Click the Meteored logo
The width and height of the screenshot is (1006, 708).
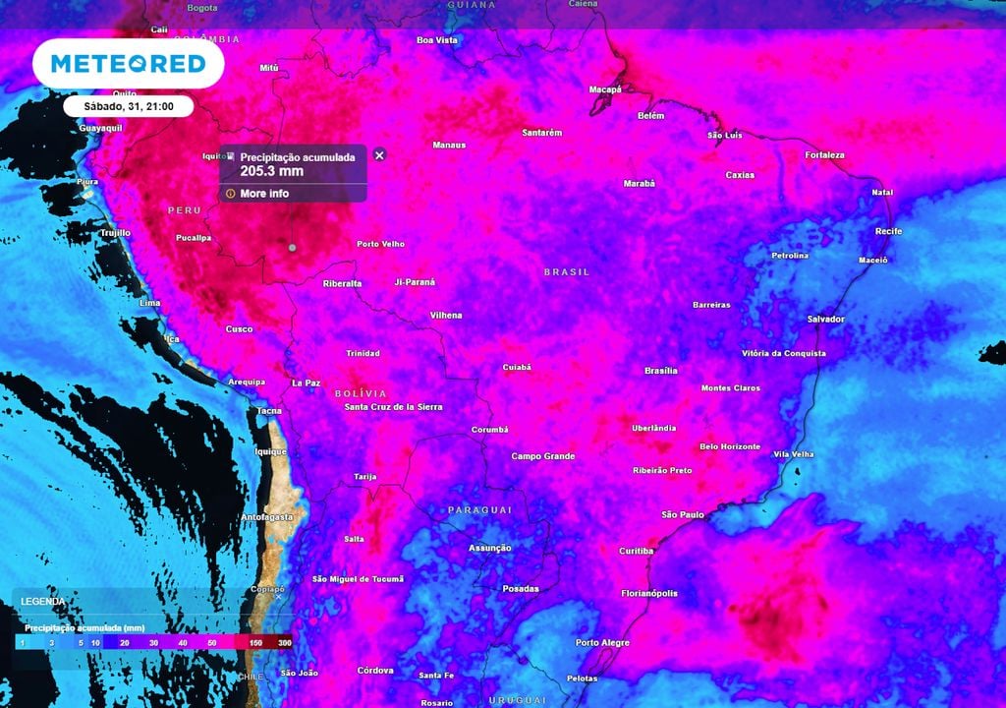pyautogui.click(x=128, y=64)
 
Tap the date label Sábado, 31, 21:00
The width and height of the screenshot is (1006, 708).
pyautogui.click(x=129, y=106)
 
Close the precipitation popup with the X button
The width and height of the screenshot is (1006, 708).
pyautogui.click(x=380, y=154)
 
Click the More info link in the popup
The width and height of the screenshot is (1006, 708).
pyautogui.click(x=264, y=194)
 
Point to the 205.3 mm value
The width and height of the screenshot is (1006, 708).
pyautogui.click(x=272, y=171)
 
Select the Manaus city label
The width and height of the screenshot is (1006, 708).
pyautogui.click(x=449, y=145)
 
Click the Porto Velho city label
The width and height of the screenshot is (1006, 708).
pyautogui.click(x=380, y=244)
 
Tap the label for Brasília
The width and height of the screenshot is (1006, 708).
pyautogui.click(x=661, y=371)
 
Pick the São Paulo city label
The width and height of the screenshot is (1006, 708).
pyautogui.click(x=683, y=514)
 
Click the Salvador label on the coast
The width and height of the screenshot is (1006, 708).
pyautogui.click(x=825, y=319)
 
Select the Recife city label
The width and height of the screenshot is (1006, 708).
pyautogui.click(x=888, y=231)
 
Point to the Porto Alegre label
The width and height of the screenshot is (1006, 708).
pyautogui.click(x=602, y=642)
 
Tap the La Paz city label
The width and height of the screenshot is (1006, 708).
pyautogui.click(x=306, y=383)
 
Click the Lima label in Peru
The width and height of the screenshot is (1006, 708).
pyautogui.click(x=150, y=303)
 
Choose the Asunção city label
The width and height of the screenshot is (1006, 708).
pyautogui.click(x=489, y=548)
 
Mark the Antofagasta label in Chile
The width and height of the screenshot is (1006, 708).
pyautogui.click(x=266, y=516)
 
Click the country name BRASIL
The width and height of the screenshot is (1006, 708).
pyautogui.click(x=567, y=271)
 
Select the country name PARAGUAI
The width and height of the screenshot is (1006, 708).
pyautogui.click(x=479, y=509)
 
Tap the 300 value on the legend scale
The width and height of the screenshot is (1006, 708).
pyautogui.click(x=285, y=641)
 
